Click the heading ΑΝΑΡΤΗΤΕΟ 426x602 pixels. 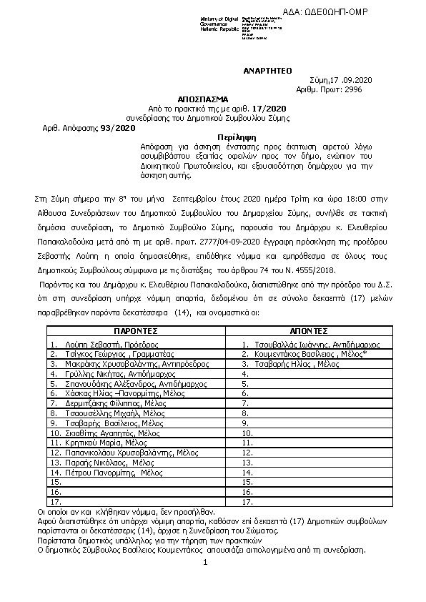pyautogui.click(x=264, y=71)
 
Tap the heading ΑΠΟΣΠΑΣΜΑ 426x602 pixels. pyautogui.click(x=204, y=99)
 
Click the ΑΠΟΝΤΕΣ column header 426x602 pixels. pyautogui.click(x=309, y=332)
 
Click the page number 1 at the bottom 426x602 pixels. pyautogui.click(x=204, y=563)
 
